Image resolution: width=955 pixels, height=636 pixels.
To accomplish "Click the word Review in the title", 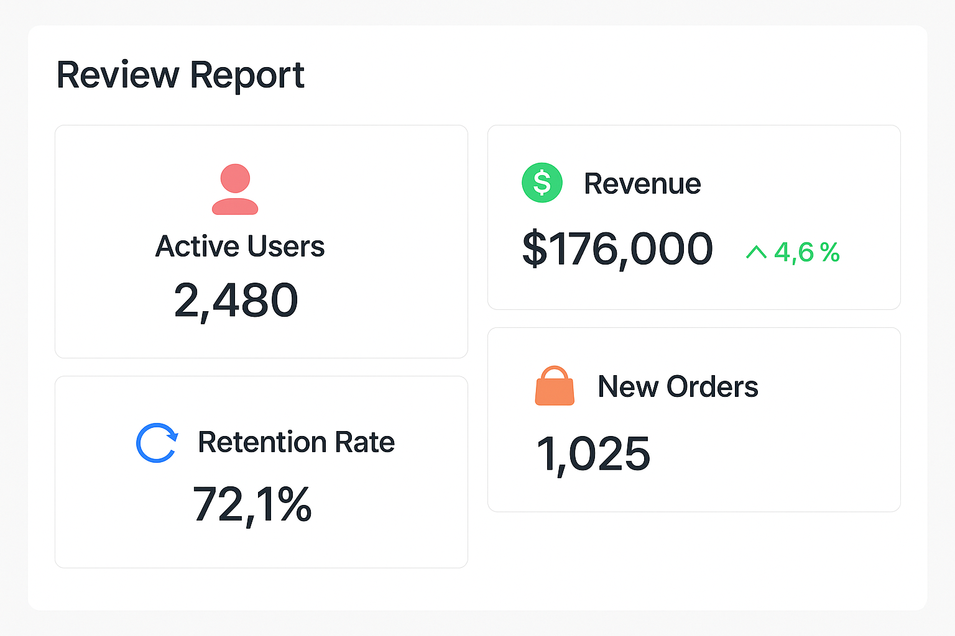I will coord(118,75).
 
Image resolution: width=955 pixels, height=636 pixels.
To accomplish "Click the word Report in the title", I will coord(247,75).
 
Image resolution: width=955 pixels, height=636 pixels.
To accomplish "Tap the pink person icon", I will coord(235,189).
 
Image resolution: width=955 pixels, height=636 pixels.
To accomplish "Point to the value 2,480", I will coord(236,301).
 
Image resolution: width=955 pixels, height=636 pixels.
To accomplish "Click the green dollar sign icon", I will coord(542,183).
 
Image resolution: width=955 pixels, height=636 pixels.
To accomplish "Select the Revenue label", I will coord(642,184).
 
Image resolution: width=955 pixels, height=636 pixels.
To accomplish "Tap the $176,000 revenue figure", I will coord(617,249).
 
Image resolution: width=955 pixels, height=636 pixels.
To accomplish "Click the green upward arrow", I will coord(756,252).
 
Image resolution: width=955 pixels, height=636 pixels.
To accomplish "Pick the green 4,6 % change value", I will coord(806,252).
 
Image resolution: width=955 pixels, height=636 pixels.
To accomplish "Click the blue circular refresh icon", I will coord(157,443).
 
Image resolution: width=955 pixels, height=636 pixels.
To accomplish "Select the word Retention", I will coord(262,442).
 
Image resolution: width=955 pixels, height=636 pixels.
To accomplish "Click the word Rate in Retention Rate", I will coord(364,442).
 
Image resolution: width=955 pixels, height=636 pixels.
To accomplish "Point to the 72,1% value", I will coord(252,504).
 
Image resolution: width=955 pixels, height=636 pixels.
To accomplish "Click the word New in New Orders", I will coord(627,387).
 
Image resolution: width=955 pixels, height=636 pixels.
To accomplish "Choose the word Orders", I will coord(712,387).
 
